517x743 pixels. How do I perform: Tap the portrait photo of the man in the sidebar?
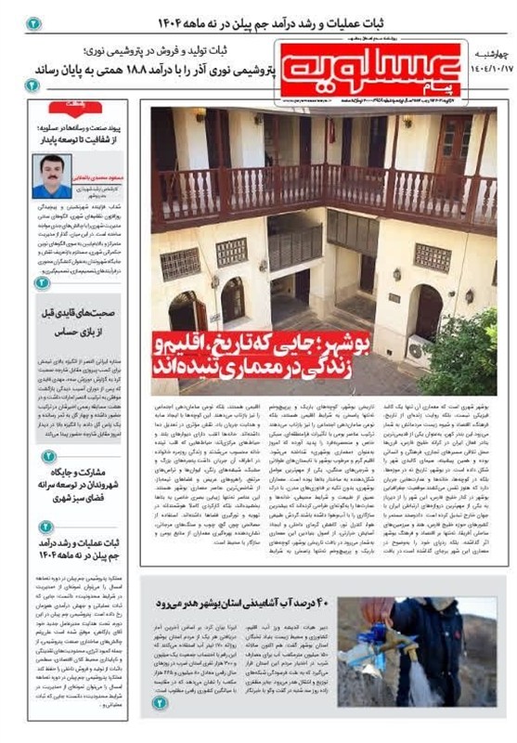click(x=51, y=176)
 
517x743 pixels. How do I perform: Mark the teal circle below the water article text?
click(x=160, y=702)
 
